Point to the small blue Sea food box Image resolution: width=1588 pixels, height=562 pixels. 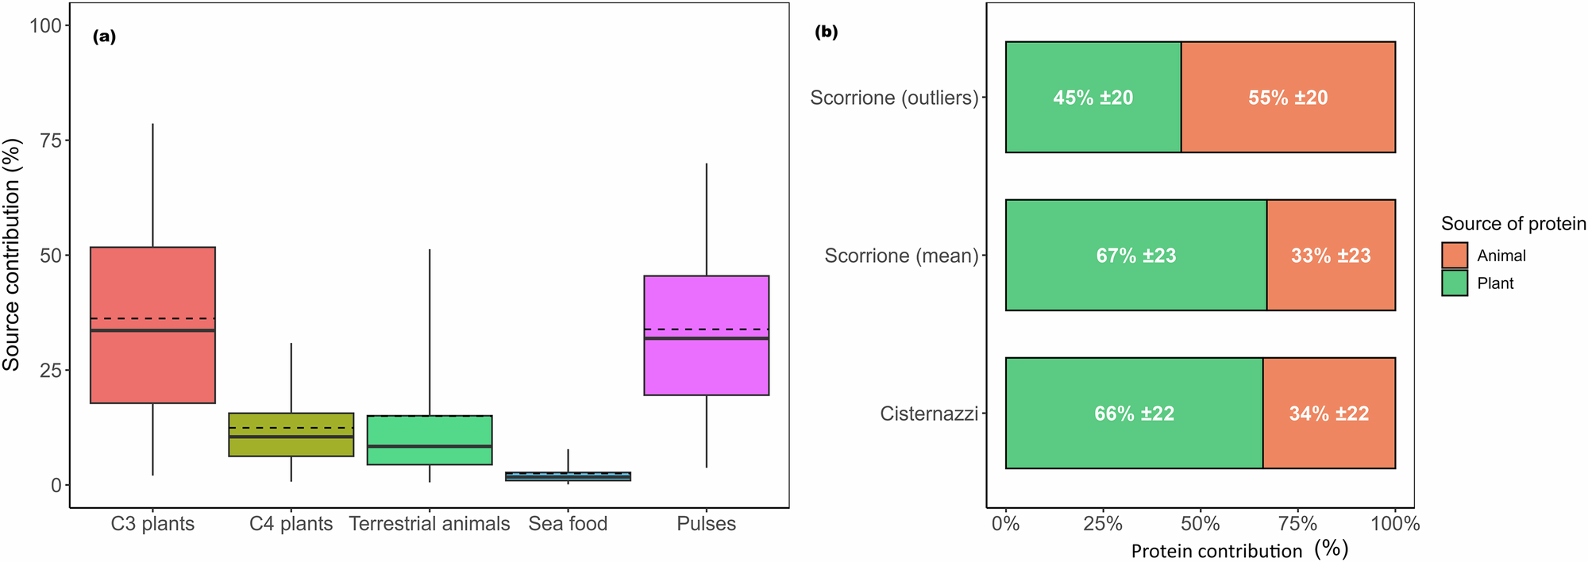[568, 476]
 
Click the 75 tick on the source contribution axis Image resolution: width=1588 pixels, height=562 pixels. [50, 140]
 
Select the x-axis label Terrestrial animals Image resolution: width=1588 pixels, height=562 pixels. [430, 524]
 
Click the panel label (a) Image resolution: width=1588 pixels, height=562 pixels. [104, 37]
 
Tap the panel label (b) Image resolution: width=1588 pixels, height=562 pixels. [827, 33]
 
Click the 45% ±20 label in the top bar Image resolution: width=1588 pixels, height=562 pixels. [1093, 98]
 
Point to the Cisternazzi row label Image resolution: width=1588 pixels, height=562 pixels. [929, 414]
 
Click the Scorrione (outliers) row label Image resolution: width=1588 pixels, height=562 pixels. [894, 98]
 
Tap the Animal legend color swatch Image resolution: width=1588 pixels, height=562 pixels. [1455, 256]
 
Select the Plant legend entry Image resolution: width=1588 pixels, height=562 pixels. [1495, 283]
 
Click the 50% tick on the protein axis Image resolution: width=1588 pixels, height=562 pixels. [1201, 524]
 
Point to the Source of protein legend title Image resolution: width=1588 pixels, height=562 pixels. [1513, 224]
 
